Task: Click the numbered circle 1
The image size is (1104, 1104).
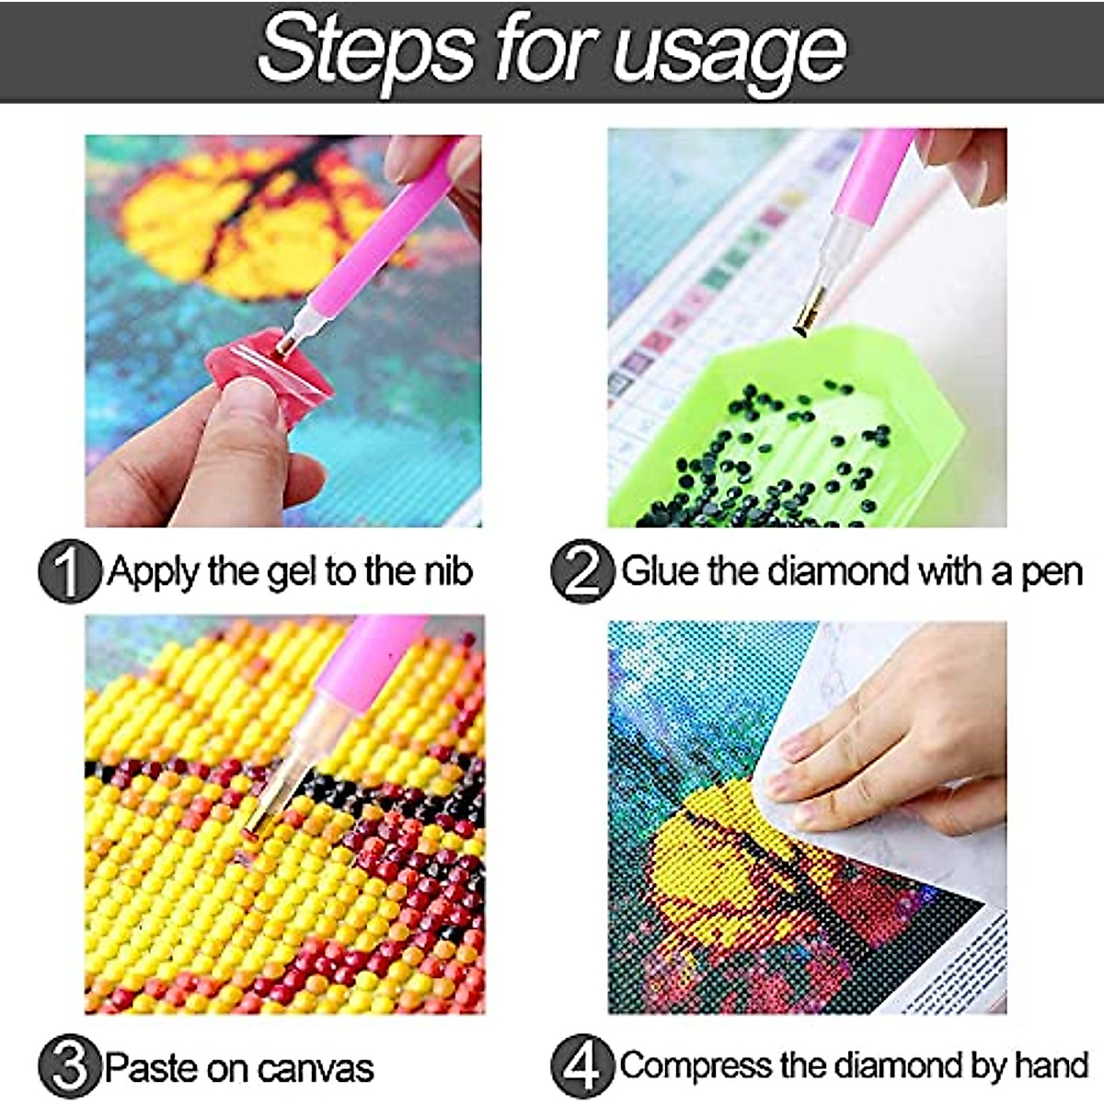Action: (69, 571)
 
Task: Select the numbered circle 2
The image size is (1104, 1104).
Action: (582, 571)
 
